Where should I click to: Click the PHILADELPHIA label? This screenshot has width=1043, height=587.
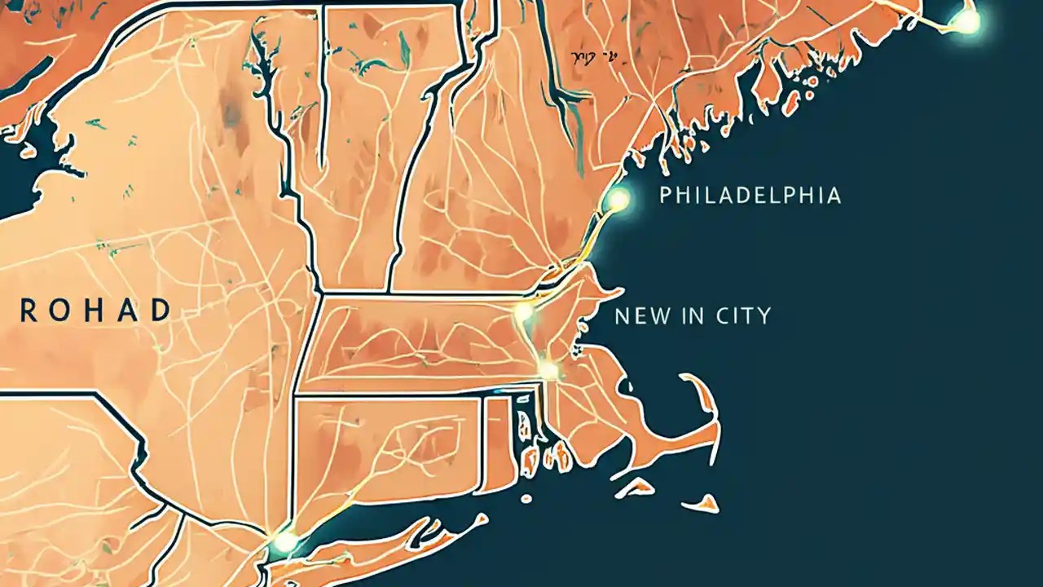pos(750,196)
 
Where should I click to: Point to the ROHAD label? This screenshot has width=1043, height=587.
pos(96,311)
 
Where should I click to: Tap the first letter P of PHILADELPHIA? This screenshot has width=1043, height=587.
pos(666,196)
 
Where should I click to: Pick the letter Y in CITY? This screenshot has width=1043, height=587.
pos(764,316)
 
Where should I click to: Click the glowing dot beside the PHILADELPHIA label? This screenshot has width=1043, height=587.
pos(619,200)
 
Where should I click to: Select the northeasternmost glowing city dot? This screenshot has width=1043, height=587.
pos(967,22)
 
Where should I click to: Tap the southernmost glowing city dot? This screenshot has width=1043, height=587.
pos(285,541)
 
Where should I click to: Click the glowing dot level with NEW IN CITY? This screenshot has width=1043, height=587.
pos(524,312)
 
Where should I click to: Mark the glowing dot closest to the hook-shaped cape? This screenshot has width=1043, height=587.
pos(549,371)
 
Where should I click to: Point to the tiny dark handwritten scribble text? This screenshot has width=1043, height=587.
pos(594,56)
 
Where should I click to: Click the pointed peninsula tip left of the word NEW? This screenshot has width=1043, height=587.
pos(621,291)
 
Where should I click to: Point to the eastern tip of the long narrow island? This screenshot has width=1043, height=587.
pos(485,518)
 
